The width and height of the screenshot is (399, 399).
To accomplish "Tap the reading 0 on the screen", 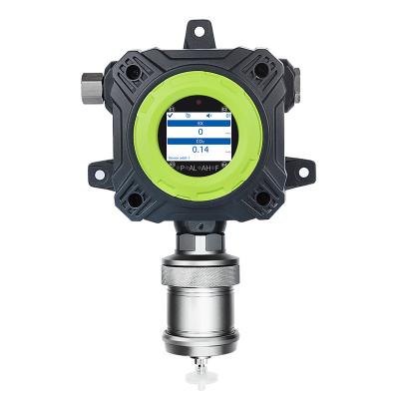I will click(200, 131).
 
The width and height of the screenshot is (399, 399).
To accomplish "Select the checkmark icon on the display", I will click(171, 112).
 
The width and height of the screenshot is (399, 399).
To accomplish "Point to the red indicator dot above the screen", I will click(200, 102).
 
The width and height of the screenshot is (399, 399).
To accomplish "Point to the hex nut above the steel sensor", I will click(200, 239).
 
